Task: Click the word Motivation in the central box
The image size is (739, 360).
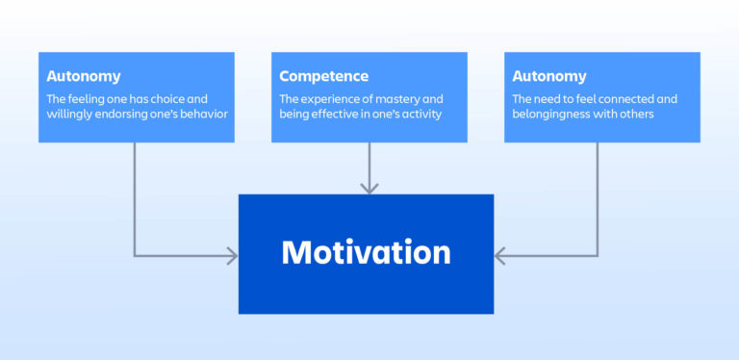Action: click(366, 253)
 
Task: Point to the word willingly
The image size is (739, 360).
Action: click(71, 116)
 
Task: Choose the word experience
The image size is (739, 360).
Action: click(333, 98)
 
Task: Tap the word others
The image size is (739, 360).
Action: click(637, 116)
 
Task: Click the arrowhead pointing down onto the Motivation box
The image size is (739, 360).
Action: click(369, 187)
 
